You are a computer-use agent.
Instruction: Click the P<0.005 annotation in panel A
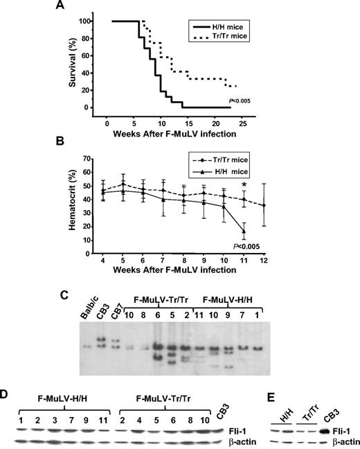pyautogui.click(x=239, y=102)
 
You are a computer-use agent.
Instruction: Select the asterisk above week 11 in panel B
pyautogui.click(x=244, y=184)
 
